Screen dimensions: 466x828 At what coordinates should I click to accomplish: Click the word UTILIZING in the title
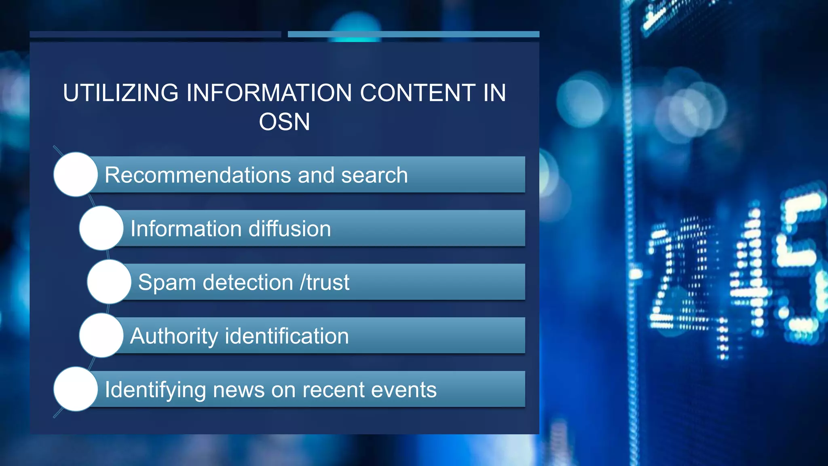coord(120,93)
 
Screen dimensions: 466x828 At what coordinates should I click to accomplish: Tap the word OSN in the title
coord(284,122)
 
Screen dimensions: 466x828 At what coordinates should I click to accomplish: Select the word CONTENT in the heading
coord(417,93)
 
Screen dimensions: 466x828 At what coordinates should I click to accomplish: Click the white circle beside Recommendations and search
coord(76,174)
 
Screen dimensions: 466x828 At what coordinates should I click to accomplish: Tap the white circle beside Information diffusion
coord(101,228)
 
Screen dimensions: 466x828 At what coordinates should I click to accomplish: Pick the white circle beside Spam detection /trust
coord(109,282)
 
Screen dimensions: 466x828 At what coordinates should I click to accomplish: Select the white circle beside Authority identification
coord(101,335)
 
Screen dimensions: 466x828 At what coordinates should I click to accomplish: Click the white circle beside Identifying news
coord(76,389)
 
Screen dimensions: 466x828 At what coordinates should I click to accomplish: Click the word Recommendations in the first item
coord(198,175)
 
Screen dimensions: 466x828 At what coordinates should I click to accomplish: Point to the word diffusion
coord(289,229)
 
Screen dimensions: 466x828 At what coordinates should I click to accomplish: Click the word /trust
coord(325,282)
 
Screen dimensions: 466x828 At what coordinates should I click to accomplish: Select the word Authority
coord(174,337)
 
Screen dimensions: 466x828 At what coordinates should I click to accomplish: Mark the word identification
coord(287,336)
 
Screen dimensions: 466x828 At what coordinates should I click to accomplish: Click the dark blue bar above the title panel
coord(155,34)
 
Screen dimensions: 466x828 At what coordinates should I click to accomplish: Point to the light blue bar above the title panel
coord(413,34)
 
